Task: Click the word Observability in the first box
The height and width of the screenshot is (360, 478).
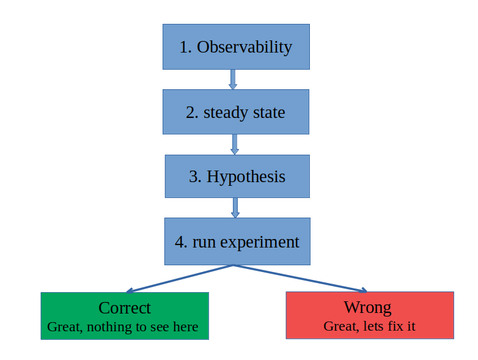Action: [245, 47]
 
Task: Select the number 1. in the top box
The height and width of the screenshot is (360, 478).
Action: [186, 47]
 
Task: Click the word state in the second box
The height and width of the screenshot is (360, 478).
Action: [268, 112]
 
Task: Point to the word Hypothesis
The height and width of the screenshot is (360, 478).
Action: [246, 177]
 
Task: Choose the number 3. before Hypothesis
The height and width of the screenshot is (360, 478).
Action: [195, 177]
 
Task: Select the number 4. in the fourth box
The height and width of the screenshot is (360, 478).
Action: [181, 242]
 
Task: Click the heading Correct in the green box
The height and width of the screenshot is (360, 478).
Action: [125, 307]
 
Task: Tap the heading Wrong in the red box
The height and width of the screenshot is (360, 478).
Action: [367, 307]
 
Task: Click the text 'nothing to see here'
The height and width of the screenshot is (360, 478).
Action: [142, 327]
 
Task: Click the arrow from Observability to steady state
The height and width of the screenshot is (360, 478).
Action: [233, 79]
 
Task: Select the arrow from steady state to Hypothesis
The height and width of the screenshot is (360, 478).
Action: [235, 144]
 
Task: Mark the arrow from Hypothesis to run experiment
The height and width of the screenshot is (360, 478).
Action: [235, 207]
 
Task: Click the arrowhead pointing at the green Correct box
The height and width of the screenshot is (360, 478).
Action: [130, 291]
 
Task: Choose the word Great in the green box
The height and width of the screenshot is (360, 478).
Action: [64, 327]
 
